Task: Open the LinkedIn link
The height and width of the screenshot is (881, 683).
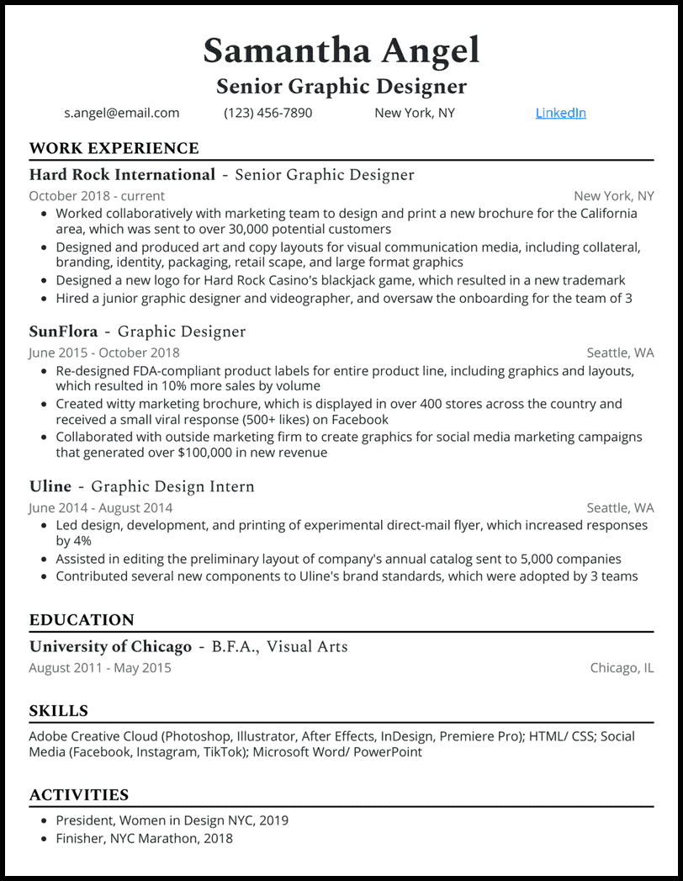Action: (560, 113)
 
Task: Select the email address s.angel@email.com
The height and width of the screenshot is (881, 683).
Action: (121, 113)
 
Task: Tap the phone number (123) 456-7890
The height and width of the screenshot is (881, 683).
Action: (267, 113)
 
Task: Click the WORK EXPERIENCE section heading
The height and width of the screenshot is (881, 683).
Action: (114, 149)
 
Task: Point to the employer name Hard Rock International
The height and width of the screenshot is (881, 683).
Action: (122, 175)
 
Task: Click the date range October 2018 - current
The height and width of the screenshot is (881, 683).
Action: (97, 196)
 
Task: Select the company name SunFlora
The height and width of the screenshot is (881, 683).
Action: (63, 332)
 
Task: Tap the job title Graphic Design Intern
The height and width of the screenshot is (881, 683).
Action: (172, 486)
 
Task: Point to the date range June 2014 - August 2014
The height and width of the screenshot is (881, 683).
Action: (100, 507)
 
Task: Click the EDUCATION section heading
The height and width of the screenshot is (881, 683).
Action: (82, 620)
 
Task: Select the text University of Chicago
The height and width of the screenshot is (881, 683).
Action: (110, 646)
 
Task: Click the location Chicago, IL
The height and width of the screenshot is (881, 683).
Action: (622, 667)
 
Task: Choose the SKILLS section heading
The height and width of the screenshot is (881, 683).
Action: (58, 711)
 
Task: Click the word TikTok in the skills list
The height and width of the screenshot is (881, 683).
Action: (223, 751)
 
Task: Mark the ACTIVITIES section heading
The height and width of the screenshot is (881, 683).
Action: (79, 795)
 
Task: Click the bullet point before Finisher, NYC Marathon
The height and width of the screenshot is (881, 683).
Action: (44, 838)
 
